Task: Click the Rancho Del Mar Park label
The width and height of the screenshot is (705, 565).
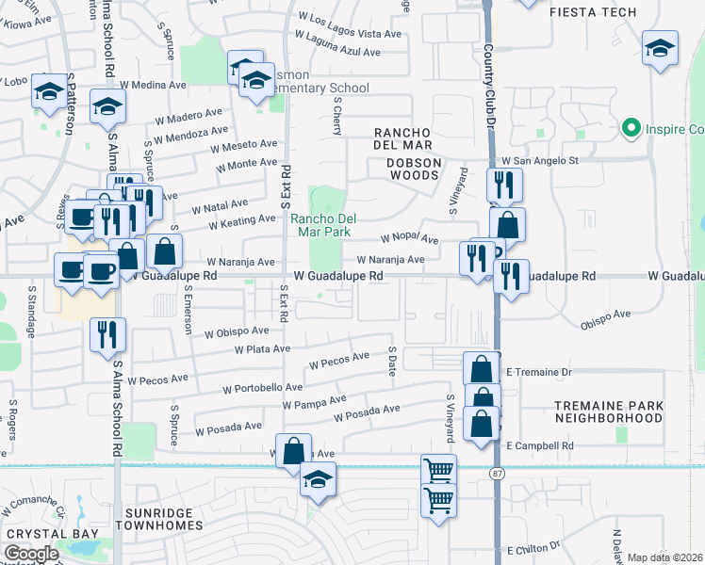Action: (x=320, y=224)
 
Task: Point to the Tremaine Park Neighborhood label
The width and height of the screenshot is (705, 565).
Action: (x=608, y=411)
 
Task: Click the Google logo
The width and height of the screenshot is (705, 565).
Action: (x=32, y=554)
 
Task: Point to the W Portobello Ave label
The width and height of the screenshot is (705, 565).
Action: (x=263, y=388)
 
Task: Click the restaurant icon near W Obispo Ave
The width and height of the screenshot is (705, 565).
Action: (x=107, y=334)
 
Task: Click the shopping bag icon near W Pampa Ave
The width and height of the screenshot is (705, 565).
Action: (x=293, y=450)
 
